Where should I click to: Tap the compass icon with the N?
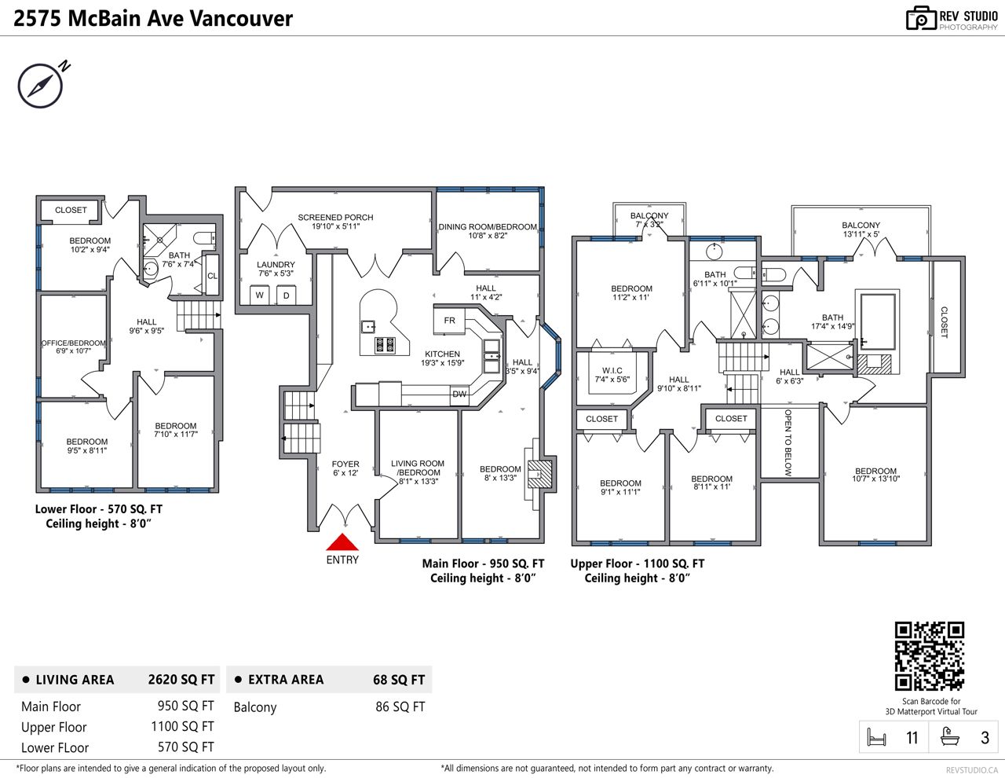click(x=41, y=86)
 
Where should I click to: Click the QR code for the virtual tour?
click(x=930, y=656)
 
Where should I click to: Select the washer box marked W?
click(x=260, y=295)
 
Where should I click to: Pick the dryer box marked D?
click(x=287, y=295)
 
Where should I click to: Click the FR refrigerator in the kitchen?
click(x=449, y=321)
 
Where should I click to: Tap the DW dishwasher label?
click(x=459, y=395)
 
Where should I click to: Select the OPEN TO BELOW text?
click(x=788, y=442)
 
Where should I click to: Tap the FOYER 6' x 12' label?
click(x=345, y=468)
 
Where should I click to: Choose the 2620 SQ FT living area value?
click(x=181, y=680)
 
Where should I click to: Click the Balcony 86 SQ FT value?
click(x=400, y=706)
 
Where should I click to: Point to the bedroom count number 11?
click(x=912, y=738)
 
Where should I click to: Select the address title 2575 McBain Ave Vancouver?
click(x=153, y=19)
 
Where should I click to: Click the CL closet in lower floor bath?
click(x=212, y=276)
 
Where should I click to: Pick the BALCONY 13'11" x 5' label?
click(x=861, y=229)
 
